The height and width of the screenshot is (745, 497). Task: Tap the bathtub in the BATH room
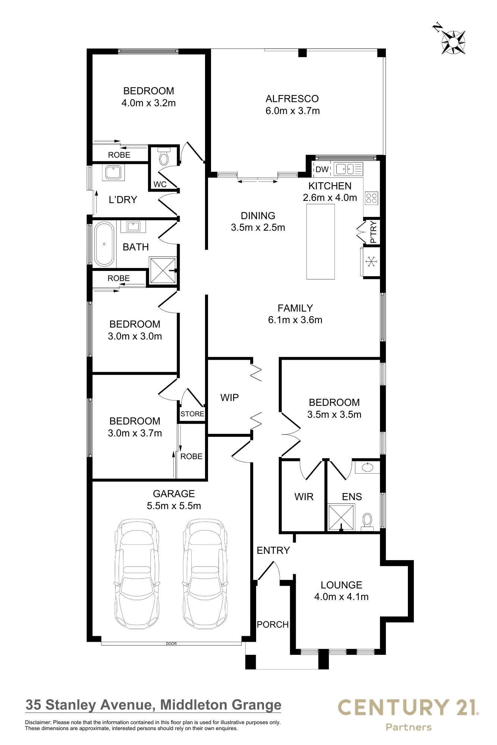(x=104, y=244)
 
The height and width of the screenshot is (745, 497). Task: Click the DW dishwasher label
(x=322, y=170)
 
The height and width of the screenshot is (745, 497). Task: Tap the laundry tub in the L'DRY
(x=113, y=173)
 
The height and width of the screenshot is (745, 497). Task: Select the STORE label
(x=192, y=414)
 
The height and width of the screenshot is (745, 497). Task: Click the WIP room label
(x=229, y=398)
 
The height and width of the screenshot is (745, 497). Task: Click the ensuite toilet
(x=367, y=521)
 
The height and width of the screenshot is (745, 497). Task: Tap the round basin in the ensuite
(x=367, y=467)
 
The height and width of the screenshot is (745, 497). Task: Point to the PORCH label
(x=273, y=624)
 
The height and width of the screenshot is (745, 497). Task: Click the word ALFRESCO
(x=292, y=99)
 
